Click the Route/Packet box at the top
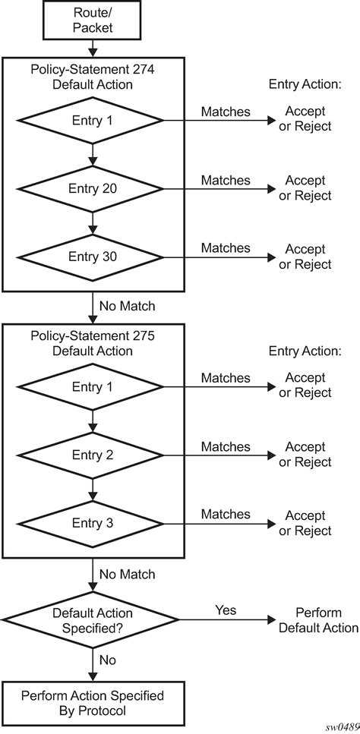point(92,21)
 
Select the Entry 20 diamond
point(92,188)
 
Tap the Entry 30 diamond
point(92,257)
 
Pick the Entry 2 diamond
point(92,455)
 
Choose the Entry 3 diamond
point(92,524)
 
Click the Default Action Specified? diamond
point(92,620)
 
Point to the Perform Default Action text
point(318,620)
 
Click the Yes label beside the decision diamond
point(226,610)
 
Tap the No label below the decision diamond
point(109,660)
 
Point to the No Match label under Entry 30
point(126,307)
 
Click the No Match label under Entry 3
point(126,575)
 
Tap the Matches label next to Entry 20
point(226,180)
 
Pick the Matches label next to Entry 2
point(226,446)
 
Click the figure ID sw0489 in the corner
point(342,726)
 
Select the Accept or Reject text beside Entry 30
point(305,257)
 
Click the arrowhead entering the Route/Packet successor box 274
point(92,53)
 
